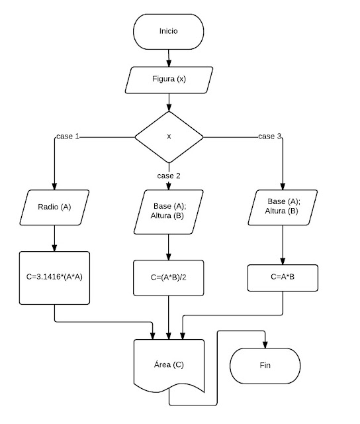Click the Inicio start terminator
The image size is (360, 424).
coord(168,32)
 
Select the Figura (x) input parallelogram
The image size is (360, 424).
coord(169,80)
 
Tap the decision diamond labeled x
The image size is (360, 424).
coord(169,137)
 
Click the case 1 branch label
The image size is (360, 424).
coord(67,136)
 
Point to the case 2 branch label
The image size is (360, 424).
coord(169,176)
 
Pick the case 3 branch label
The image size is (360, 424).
coord(269,136)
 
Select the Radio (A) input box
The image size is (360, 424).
coord(54,207)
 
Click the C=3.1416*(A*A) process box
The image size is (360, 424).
coord(54,278)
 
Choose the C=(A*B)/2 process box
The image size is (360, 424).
coord(169,278)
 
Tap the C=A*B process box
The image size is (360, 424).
coord(283,278)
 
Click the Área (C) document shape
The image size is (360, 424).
coord(169,366)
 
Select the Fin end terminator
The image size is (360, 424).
coord(265,366)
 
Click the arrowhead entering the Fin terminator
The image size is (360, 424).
coord(265,344)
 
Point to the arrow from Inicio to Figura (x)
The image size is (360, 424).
coord(169,58)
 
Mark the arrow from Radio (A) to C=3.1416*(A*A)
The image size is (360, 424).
coord(54,238)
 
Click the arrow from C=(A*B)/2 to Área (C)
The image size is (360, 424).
coord(169,317)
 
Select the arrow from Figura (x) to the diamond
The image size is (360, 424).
coord(169,103)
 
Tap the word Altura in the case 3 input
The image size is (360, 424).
coord(275,211)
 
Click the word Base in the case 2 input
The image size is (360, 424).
coord(162,206)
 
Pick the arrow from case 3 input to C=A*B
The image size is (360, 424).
coord(283,245)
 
